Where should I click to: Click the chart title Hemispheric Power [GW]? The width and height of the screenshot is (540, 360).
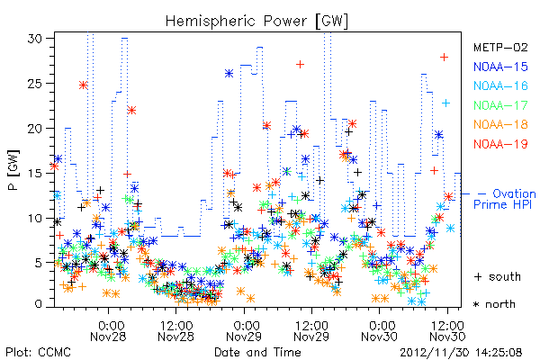[256, 22]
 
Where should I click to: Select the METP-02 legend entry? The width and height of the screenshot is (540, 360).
[500, 47]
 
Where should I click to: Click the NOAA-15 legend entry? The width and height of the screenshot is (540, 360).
[500, 67]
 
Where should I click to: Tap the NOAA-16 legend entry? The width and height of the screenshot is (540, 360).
[500, 85]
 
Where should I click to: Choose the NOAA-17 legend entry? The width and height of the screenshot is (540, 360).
[500, 105]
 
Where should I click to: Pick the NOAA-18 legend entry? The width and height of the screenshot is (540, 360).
[500, 124]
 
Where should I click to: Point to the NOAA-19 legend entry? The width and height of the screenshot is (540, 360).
[500, 144]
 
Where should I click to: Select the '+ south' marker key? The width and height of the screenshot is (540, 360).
[498, 276]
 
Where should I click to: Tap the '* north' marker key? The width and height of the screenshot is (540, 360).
[494, 304]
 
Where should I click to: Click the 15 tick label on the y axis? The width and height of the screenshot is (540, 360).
[35, 173]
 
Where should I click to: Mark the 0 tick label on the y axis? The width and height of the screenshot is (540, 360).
[39, 304]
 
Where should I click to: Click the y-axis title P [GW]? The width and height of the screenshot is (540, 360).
[13, 170]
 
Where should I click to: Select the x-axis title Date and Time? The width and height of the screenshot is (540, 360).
[257, 352]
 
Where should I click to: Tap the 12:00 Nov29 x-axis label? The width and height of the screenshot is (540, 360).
[311, 331]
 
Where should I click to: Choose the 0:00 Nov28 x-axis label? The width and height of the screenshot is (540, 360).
[108, 331]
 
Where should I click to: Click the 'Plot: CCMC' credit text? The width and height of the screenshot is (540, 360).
[38, 352]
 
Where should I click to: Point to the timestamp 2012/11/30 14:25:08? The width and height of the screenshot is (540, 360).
[461, 353]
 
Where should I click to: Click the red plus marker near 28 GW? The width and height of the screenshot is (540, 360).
[445, 57]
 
